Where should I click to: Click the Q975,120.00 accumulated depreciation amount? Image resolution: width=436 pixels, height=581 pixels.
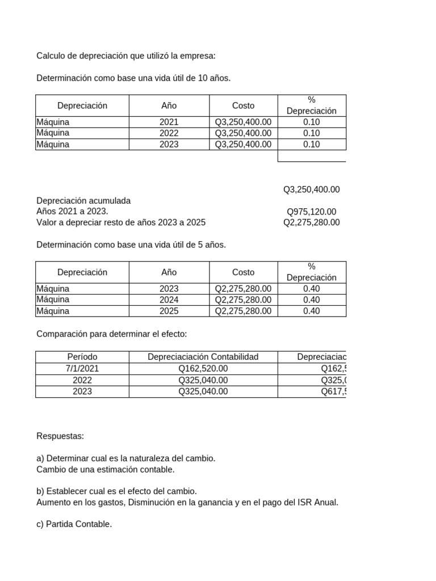pos(311,212)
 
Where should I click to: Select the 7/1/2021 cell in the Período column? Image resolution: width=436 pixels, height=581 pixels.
pos(82,369)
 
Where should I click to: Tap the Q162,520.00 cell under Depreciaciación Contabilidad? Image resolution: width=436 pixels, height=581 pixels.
pos(203,369)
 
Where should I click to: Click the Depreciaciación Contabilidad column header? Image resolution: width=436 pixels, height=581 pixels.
pos(203,357)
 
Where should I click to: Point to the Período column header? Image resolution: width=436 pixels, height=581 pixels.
pos(82,357)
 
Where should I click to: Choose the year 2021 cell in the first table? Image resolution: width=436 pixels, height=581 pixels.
pos(169,122)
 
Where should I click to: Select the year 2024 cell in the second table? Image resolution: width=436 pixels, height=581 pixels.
pos(169,300)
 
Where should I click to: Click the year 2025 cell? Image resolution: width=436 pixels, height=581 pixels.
pos(169,311)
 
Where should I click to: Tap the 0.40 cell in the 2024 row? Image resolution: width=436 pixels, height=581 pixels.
pos(312,300)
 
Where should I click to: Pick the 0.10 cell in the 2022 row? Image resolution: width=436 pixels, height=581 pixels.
pos(312,133)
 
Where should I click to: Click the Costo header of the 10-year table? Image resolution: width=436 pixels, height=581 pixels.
pos(243,106)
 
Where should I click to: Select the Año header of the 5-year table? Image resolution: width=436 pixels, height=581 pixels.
pos(169,272)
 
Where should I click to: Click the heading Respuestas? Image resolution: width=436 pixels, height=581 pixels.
pos(60,436)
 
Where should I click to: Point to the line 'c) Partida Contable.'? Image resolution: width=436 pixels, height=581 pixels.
pos(74,525)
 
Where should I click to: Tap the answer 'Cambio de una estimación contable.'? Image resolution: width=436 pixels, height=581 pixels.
pos(106,470)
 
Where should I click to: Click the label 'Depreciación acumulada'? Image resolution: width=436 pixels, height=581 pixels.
pos(83,201)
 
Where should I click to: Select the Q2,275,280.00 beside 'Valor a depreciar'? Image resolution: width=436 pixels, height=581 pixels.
pos(311,222)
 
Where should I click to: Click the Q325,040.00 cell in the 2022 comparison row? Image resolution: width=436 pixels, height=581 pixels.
pos(203,380)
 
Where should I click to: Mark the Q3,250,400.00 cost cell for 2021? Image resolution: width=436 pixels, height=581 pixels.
pos(243,122)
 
